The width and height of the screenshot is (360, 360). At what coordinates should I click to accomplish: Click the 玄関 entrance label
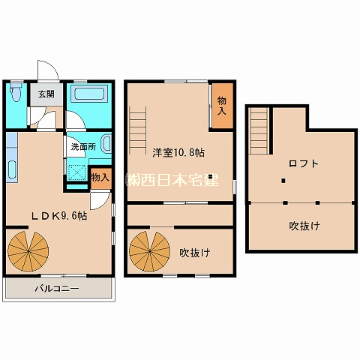[46, 94]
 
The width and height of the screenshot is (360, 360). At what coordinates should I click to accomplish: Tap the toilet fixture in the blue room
[16, 91]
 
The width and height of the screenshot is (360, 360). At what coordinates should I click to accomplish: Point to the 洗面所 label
[83, 146]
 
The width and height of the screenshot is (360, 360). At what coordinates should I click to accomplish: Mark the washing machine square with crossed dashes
[77, 172]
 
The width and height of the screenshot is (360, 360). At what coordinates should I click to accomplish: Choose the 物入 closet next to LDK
[100, 178]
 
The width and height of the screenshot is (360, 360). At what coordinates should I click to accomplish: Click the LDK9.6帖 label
[58, 216]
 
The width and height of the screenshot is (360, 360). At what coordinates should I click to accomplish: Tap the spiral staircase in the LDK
[28, 251]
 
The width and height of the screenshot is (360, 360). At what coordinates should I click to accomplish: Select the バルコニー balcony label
[57, 289]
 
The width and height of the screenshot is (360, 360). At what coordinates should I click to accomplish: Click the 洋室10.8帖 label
[178, 152]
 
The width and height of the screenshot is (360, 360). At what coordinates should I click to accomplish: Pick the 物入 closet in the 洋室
[222, 106]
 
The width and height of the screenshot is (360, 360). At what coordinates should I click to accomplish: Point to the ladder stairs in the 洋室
[138, 130]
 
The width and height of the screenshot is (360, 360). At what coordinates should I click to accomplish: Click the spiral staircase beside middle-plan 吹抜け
[149, 251]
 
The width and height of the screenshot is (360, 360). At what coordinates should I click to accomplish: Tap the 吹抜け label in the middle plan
[195, 253]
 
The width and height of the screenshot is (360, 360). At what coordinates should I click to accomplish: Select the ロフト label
[304, 163]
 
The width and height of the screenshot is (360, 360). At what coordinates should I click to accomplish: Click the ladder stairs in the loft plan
[259, 130]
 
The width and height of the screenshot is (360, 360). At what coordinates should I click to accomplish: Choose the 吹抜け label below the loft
[304, 226]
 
